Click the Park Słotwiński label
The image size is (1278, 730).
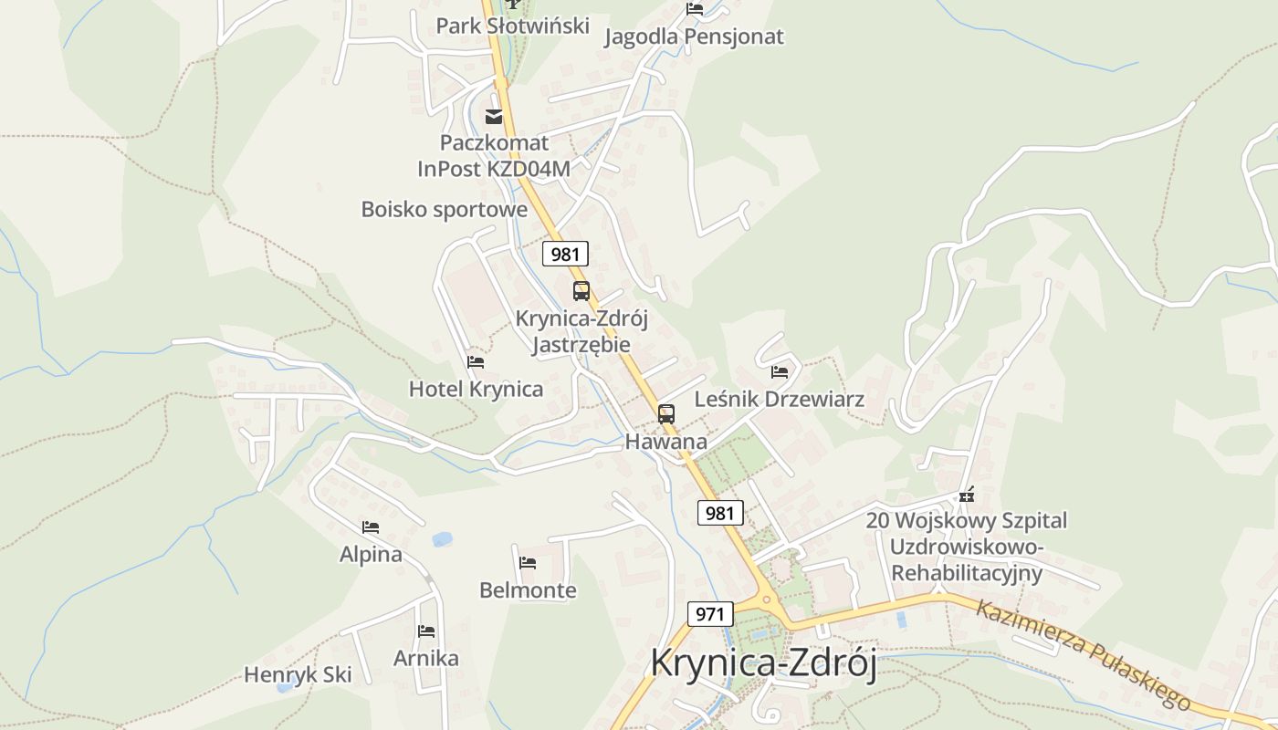click(512, 26)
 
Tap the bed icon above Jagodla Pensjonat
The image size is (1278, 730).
click(695, 9)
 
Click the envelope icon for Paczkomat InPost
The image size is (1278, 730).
click(494, 116)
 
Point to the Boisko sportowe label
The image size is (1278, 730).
click(444, 209)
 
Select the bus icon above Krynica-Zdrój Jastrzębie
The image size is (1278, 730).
click(581, 291)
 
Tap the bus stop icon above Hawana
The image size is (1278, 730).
click(666, 413)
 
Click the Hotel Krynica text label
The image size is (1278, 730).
click(476, 389)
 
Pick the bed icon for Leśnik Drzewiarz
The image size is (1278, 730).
click(780, 372)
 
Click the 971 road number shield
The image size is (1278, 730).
click(709, 613)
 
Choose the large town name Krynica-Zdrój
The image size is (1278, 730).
click(763, 662)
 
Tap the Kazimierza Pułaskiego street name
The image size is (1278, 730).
click(1082, 653)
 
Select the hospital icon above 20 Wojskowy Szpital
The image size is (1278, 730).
click(967, 495)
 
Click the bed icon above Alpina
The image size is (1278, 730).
click(370, 527)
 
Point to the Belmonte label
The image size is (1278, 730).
click(528, 590)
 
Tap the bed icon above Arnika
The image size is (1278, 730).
click(426, 631)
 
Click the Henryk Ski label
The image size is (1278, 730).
click(298, 675)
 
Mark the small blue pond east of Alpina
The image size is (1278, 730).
click(443, 539)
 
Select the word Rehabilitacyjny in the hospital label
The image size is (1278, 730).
click(966, 573)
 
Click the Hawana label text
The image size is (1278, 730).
click(665, 442)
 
